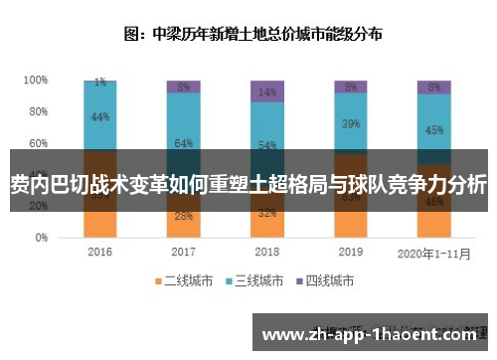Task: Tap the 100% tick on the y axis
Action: (36, 80)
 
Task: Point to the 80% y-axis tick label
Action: (38, 111)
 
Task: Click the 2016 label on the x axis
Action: (99, 253)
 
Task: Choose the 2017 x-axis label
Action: (183, 253)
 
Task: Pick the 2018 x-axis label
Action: (266, 253)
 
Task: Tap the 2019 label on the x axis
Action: (350, 253)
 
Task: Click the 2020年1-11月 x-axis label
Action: (433, 253)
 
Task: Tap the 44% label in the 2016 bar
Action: (99, 117)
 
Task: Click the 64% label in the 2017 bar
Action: (183, 143)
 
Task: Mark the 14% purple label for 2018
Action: (266, 92)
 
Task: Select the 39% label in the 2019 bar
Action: (350, 124)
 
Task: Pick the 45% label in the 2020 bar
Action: (433, 129)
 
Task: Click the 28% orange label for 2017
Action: (183, 216)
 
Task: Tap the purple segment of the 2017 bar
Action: (183, 87)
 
